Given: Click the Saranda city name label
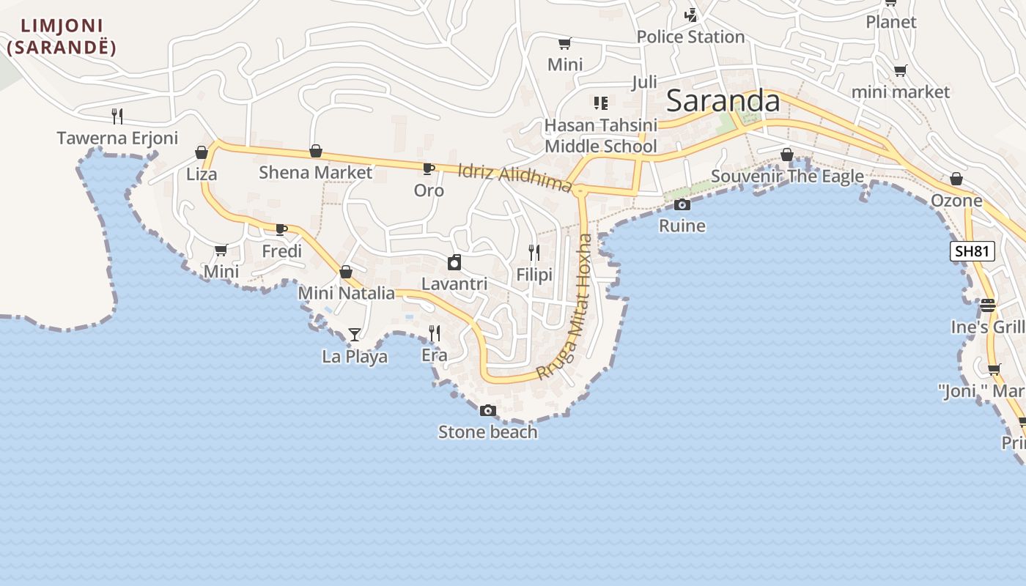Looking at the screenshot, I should (x=723, y=101).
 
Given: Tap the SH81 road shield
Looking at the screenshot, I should (x=973, y=251).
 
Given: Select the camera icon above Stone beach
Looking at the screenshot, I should (x=488, y=411).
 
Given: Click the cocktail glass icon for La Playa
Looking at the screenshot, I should (x=355, y=335).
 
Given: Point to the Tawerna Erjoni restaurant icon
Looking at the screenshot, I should (x=117, y=116).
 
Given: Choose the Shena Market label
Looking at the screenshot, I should (x=316, y=172).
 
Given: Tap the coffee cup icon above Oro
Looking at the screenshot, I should (x=429, y=169).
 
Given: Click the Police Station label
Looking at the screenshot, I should (x=690, y=37).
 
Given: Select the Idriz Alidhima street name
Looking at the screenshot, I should (x=514, y=178).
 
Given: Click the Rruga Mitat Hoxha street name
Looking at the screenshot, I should (x=565, y=308).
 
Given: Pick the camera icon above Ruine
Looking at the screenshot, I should (x=682, y=204).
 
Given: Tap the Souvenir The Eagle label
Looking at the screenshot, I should (x=787, y=177).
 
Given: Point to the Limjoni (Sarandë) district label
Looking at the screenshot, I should (x=62, y=37).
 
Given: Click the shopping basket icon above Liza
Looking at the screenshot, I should (x=202, y=152).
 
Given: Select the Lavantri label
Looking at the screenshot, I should (x=454, y=283).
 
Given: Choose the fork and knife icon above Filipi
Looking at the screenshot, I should (x=534, y=253).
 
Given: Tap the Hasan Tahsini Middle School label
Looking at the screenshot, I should (x=601, y=136).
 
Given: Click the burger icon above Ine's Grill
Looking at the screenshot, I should (x=988, y=305).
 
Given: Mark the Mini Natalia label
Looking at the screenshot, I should (x=346, y=293).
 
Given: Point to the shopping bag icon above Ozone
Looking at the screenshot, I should (x=956, y=179).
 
